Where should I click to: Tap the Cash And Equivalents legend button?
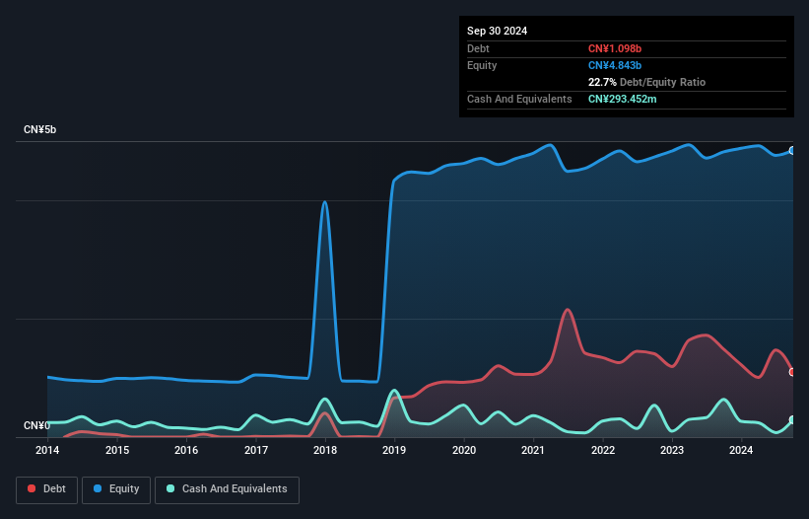[x=227, y=488]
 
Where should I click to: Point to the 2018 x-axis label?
[x=325, y=451]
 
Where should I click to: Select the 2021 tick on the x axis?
[x=533, y=451]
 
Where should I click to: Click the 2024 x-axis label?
[x=741, y=451]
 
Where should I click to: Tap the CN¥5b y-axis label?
[x=40, y=130]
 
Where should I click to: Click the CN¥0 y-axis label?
[x=36, y=426]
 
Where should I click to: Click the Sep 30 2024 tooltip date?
[x=497, y=31]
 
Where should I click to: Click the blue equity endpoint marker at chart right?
[x=792, y=151]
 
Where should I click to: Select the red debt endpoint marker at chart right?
[x=792, y=372]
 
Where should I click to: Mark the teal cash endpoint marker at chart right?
[x=792, y=420]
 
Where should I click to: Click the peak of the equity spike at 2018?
[x=325, y=201]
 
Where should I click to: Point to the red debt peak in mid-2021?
[x=567, y=310]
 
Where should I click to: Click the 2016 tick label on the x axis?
[x=186, y=451]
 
